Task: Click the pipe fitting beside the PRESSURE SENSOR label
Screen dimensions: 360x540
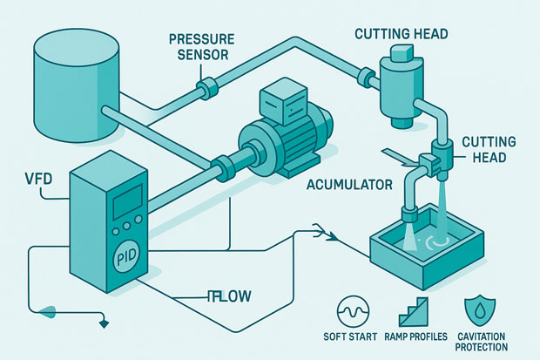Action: (208, 86)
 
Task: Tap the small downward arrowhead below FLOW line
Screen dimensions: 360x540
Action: (105, 324)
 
